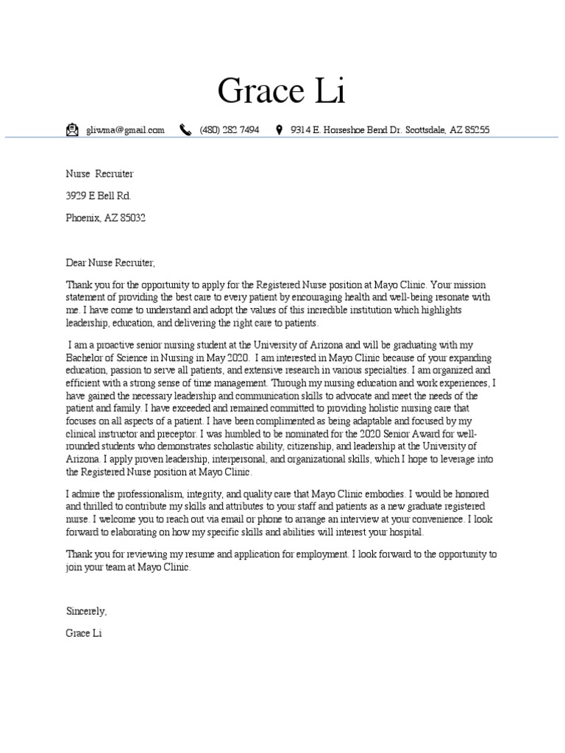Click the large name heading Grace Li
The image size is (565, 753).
click(282, 91)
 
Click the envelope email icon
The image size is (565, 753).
click(71, 130)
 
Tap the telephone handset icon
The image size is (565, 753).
click(185, 130)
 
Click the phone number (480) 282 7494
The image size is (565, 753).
click(229, 130)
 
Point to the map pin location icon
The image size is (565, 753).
click(279, 130)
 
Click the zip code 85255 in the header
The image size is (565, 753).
click(475, 130)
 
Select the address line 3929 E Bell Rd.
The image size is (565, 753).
click(99, 196)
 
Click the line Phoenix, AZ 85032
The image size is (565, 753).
click(106, 218)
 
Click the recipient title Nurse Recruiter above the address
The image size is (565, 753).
click(99, 174)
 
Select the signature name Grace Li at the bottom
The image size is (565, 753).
click(83, 633)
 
